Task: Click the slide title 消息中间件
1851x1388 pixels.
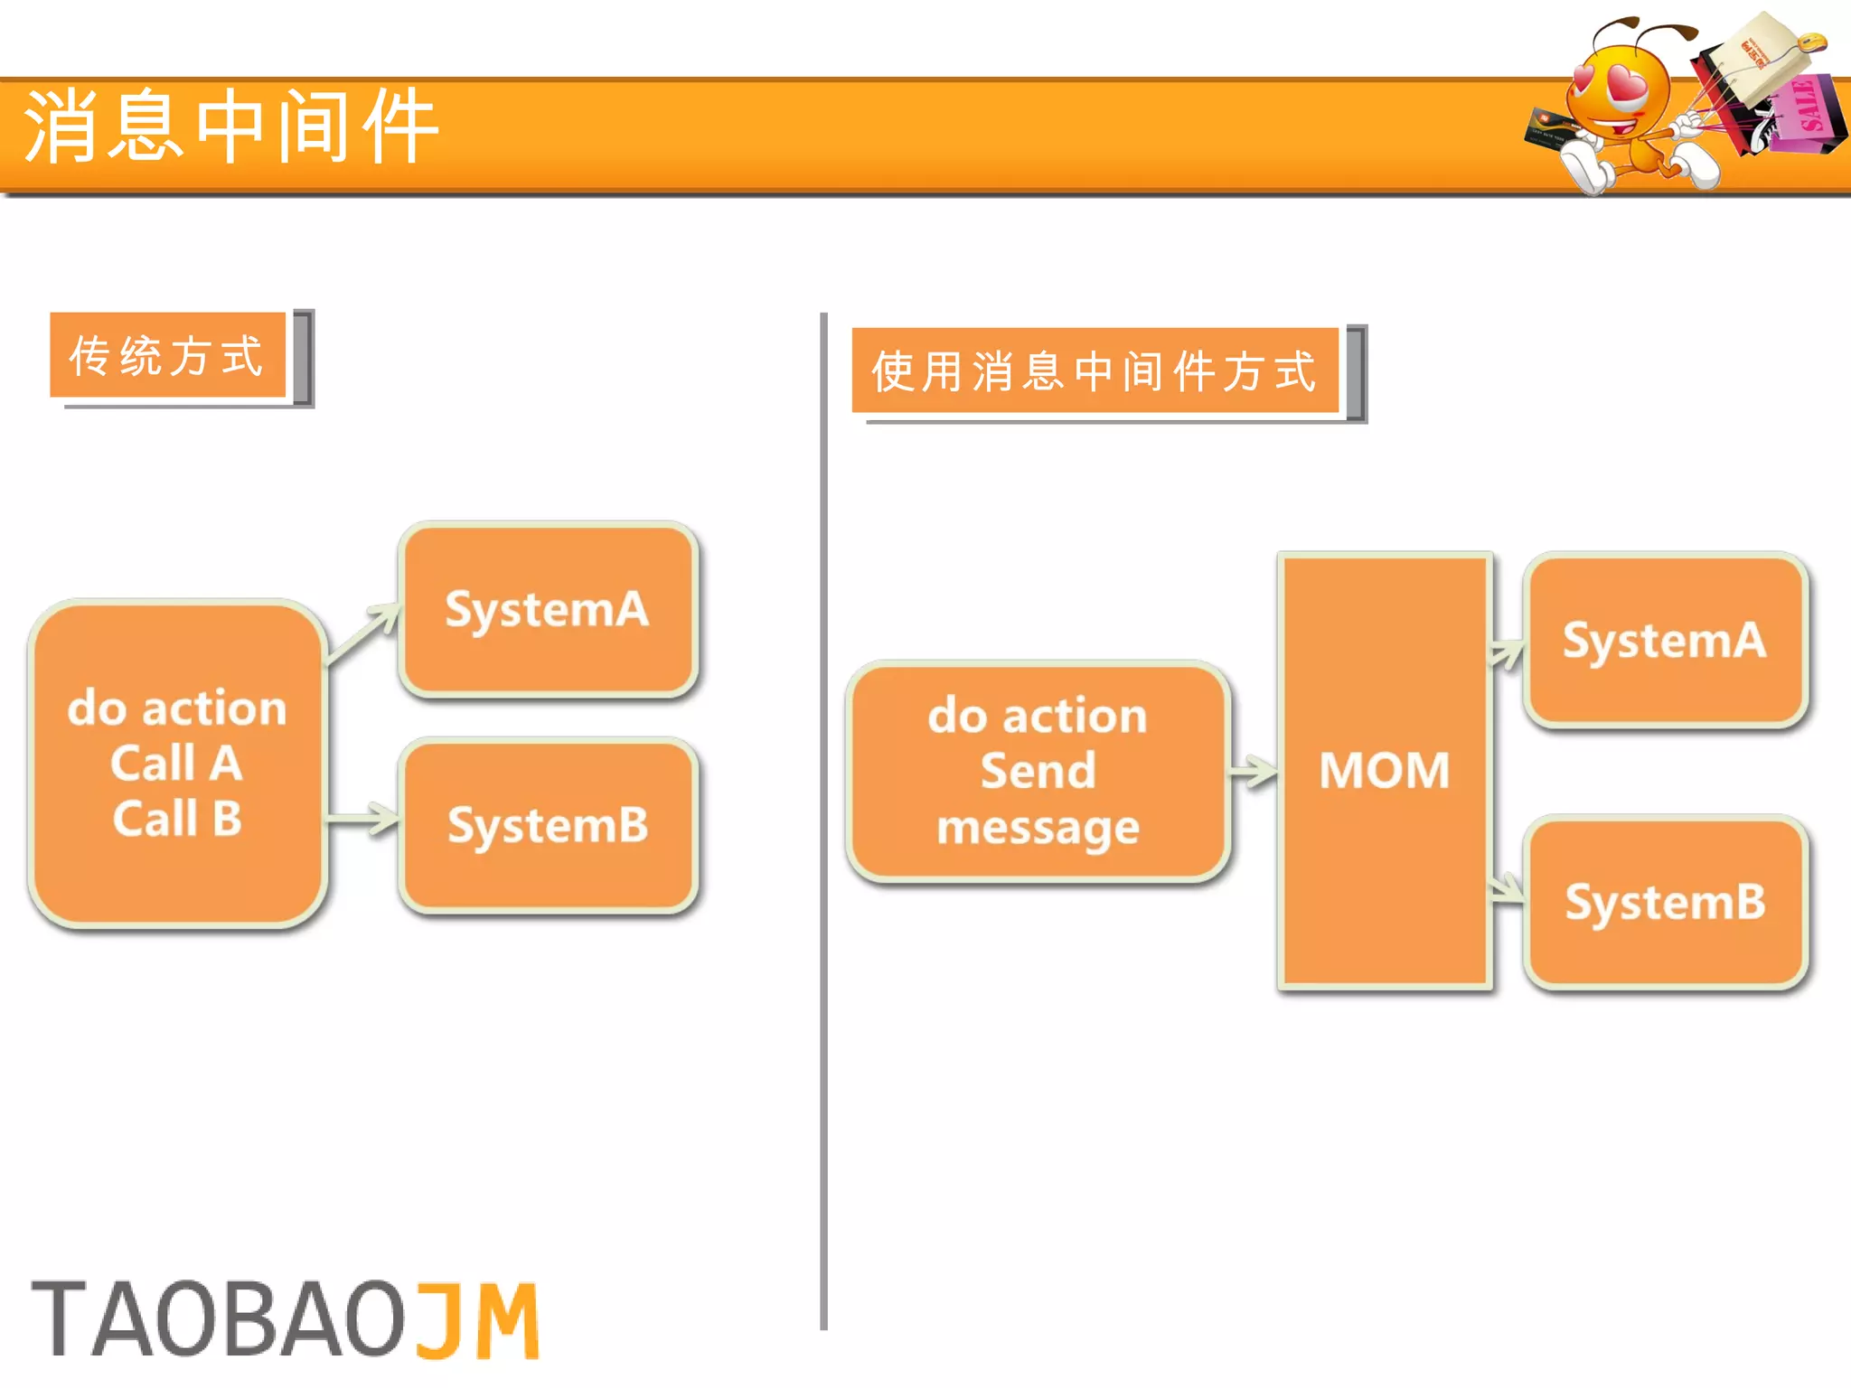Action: click(231, 127)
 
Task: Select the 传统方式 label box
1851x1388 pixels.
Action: click(168, 355)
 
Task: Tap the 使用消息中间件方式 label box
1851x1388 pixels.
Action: click(1094, 370)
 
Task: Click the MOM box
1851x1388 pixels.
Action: click(1384, 770)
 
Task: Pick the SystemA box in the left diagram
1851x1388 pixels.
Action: click(548, 609)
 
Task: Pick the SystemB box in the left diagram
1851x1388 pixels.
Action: click(548, 825)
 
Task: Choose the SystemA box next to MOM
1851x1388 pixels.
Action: click(1665, 640)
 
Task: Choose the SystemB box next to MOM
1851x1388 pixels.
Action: click(1665, 902)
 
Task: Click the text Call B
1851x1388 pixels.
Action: click(177, 819)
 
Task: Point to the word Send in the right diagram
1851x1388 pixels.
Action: click(1038, 771)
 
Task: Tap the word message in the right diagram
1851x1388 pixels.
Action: click(1038, 828)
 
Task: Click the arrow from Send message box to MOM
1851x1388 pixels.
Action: click(1253, 771)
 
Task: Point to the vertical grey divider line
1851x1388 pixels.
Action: click(823, 813)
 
